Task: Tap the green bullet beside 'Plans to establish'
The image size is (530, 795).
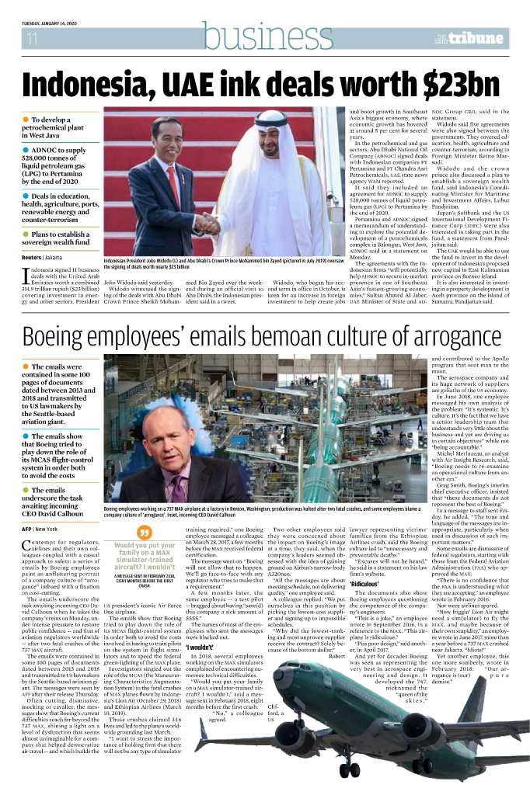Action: click(26, 234)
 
